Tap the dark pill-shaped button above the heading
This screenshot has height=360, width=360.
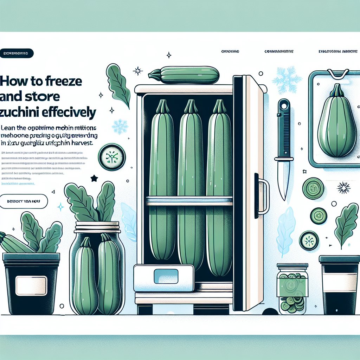[17, 53]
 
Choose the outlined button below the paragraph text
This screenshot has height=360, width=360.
[24, 202]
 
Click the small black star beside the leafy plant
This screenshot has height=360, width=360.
[94, 179]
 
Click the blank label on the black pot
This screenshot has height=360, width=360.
[31, 283]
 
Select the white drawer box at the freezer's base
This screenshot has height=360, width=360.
[163, 278]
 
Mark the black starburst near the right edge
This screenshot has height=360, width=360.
[343, 187]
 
